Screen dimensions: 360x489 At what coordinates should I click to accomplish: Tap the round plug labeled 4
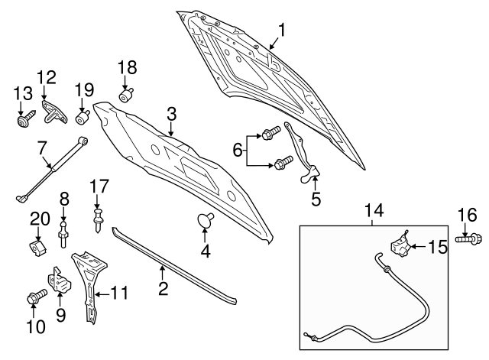coord(204,221)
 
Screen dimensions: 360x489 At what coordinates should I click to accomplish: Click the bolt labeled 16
coord(468,239)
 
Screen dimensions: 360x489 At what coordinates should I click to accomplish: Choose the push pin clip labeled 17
coord(99,220)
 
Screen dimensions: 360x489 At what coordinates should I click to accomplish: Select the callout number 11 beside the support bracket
coord(121,292)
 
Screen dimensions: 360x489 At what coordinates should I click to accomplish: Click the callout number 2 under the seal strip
coord(162,289)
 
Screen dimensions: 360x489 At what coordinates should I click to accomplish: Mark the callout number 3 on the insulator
coord(172,114)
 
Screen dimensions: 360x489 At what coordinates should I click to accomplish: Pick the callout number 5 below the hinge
coord(316,200)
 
